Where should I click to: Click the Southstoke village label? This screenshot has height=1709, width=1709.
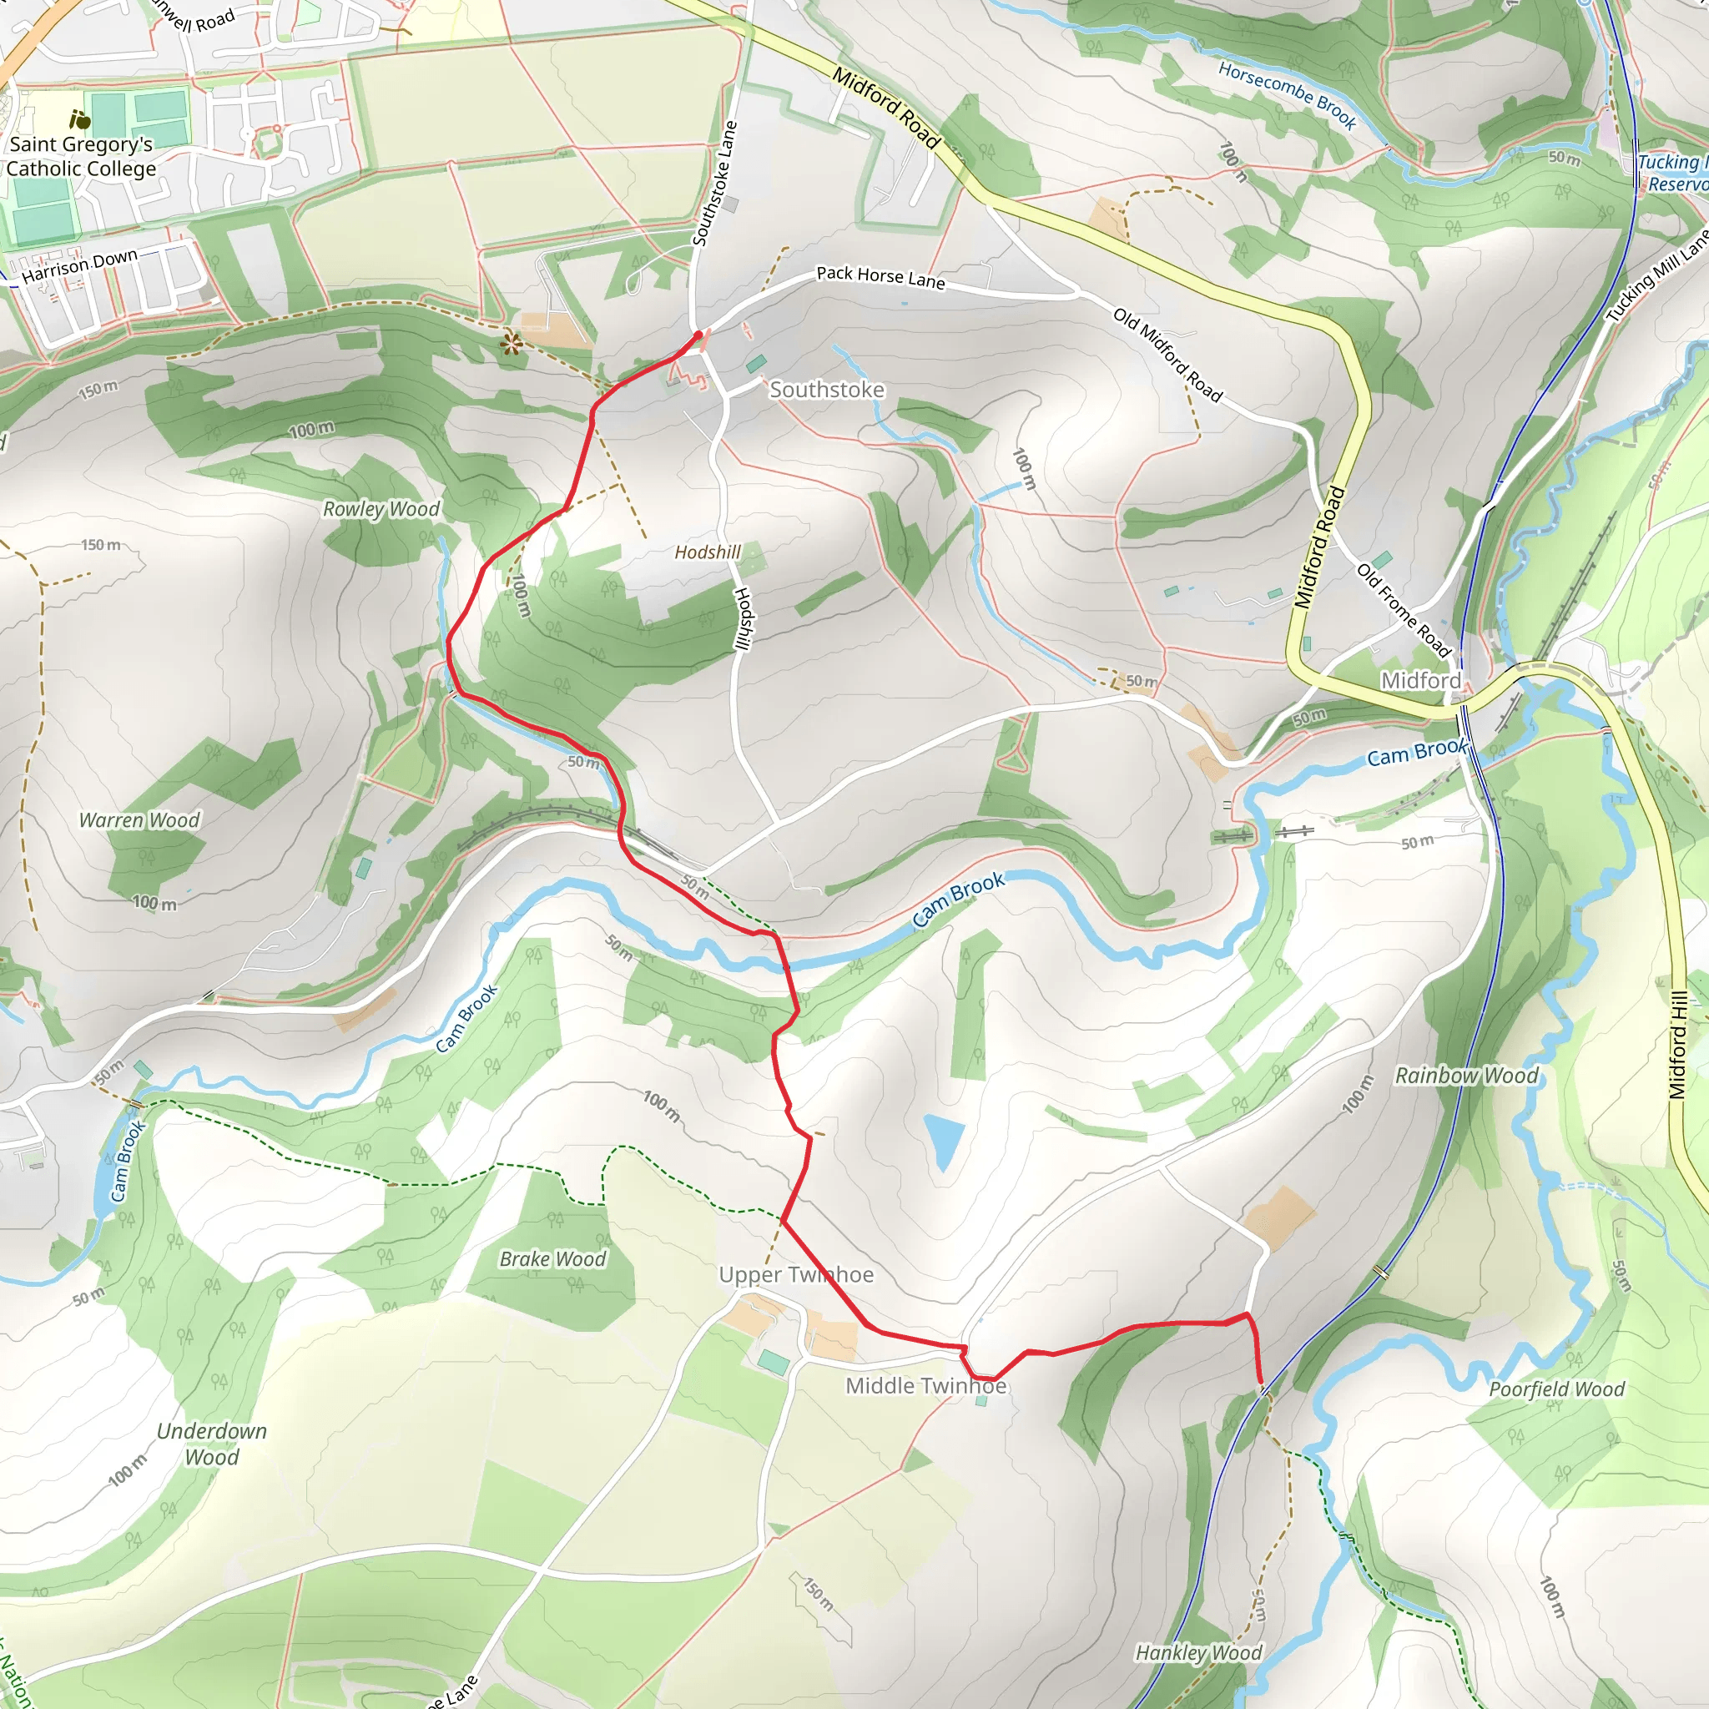(826, 389)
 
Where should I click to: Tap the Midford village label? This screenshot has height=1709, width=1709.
(1420, 680)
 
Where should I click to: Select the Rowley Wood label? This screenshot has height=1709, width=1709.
(381, 509)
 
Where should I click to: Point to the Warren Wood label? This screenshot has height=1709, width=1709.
(139, 820)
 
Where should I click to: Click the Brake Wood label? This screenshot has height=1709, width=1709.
(553, 1258)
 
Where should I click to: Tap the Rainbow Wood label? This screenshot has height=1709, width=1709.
(1467, 1076)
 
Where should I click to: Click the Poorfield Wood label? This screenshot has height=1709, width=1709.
(1556, 1389)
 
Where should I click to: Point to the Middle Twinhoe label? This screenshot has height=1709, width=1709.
(925, 1385)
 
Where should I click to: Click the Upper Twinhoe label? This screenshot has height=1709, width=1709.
(795, 1275)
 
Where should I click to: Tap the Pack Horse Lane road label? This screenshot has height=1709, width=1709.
(880, 277)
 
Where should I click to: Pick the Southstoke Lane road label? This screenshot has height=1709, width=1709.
(715, 183)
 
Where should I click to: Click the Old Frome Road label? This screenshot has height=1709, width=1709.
(1404, 610)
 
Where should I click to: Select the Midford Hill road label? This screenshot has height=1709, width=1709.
(1678, 1045)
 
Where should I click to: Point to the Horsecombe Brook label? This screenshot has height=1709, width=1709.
(1287, 94)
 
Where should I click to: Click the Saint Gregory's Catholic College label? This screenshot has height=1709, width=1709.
(82, 157)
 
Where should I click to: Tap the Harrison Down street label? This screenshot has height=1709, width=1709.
(79, 265)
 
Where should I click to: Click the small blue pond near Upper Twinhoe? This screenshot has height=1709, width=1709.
(944, 1140)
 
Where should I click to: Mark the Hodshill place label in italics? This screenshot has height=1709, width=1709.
(708, 552)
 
